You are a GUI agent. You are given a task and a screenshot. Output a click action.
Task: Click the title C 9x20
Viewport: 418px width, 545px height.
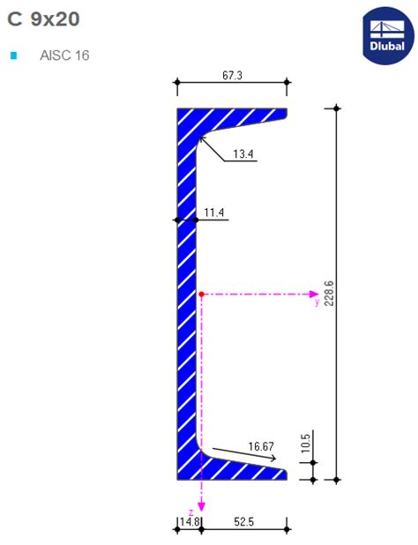(43, 19)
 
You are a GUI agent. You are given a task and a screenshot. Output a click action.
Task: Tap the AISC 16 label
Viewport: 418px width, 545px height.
(64, 56)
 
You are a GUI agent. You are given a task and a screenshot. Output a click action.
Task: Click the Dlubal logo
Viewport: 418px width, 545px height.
(386, 34)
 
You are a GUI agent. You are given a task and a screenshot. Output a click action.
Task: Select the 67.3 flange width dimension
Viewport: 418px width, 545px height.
(232, 77)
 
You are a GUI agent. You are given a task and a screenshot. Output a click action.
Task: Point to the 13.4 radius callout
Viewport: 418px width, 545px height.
(243, 155)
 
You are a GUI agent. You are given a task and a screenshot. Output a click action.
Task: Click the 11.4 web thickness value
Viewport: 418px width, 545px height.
(214, 213)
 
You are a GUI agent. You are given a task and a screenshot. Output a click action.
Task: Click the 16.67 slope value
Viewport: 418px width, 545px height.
(263, 446)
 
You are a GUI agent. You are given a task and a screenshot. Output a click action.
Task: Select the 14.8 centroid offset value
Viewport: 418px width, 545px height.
(190, 522)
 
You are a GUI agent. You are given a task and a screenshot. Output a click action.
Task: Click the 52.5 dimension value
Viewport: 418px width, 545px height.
(244, 522)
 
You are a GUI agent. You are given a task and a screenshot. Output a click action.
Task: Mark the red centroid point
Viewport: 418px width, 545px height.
(202, 294)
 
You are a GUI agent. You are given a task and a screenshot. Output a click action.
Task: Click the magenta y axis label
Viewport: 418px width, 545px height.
(317, 302)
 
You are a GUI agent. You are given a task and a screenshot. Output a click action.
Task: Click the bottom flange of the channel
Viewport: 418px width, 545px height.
(233, 471)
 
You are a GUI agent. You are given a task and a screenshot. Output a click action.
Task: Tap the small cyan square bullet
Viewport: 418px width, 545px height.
(13, 56)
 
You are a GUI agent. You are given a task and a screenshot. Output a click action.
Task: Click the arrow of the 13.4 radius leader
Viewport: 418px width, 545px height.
(201, 138)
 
